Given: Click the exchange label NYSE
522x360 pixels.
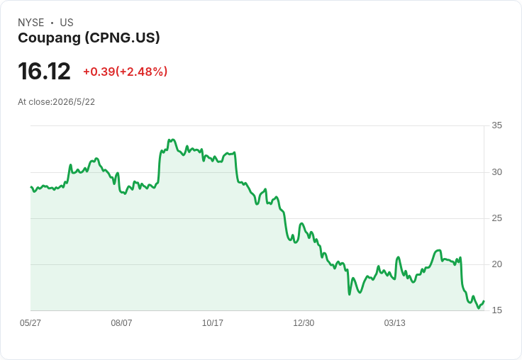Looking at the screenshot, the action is [x=31, y=23].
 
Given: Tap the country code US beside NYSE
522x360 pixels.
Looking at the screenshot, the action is [x=67, y=23].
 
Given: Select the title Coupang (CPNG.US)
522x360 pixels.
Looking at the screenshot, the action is [x=89, y=38].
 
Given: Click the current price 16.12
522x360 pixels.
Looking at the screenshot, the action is [x=44, y=71].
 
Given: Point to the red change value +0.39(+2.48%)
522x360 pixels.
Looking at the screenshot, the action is [x=125, y=72].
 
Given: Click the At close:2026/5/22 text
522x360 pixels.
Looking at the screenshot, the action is [x=56, y=102].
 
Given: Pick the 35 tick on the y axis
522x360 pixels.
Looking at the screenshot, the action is [x=496, y=125].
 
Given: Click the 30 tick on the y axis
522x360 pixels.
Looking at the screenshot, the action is [x=496, y=172].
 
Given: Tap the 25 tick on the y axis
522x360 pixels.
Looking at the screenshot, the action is [x=496, y=218].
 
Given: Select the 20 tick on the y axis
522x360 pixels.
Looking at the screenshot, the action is [x=496, y=264].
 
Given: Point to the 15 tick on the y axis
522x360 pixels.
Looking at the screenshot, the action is [x=496, y=310].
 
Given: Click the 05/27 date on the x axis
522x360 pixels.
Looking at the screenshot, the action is [x=30, y=322].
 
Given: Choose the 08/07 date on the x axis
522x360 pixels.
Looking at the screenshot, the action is [x=121, y=322].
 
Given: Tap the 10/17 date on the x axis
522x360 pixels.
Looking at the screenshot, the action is [x=212, y=322].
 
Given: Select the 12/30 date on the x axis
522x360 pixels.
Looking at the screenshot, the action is [x=304, y=322].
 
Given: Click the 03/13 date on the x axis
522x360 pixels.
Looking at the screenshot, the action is [x=395, y=322].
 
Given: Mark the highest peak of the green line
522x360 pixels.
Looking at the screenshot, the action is [x=173, y=140].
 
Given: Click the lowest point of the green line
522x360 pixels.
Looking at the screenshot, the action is [x=479, y=308].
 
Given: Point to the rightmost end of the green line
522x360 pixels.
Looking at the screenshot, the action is [x=484, y=301].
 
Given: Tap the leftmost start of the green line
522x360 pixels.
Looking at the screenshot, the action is [x=31, y=187].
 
